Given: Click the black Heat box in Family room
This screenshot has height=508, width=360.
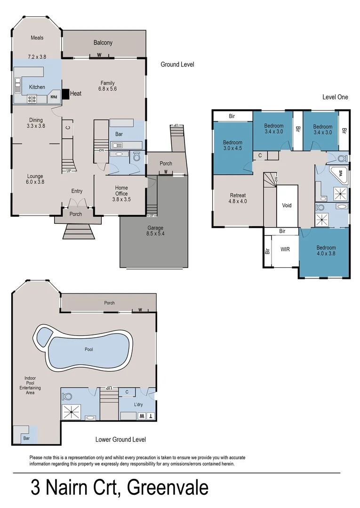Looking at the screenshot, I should (65, 94).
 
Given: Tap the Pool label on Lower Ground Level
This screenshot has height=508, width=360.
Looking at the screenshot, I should (89, 349).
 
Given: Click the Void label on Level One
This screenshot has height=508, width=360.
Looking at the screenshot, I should (287, 206).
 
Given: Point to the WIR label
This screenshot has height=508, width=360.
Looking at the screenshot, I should (285, 249).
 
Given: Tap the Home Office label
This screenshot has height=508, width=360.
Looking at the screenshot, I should (121, 190).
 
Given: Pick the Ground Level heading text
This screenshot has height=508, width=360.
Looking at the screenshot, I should (177, 64).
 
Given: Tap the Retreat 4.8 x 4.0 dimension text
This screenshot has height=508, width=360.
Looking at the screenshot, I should (238, 201).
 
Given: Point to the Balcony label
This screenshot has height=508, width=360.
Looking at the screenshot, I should (103, 43).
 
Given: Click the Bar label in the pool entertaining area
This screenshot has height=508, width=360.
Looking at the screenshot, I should (26, 438).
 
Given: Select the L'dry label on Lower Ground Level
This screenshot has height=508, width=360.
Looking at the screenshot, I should (138, 405).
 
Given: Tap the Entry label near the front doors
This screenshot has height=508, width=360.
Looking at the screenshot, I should (77, 191).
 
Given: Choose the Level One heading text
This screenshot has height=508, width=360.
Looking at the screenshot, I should (335, 97).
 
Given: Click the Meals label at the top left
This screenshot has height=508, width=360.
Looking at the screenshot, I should (37, 38).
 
